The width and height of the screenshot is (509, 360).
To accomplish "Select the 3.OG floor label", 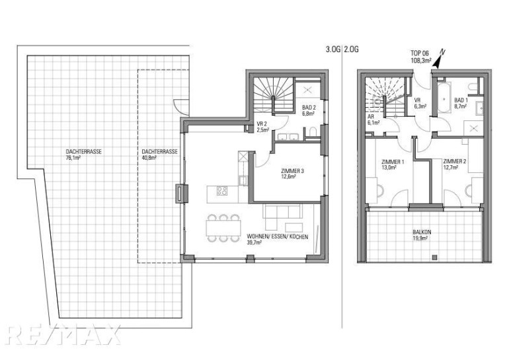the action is (333, 50).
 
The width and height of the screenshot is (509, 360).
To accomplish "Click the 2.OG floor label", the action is (351, 50).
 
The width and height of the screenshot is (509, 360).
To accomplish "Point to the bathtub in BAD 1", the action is (444, 97).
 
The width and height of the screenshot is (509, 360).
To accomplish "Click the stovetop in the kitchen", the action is (222, 190).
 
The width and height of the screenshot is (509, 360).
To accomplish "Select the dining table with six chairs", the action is (223, 228).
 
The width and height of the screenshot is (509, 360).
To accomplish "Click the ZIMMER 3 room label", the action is (292, 174).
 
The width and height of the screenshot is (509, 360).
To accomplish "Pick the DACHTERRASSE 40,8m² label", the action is (159, 155).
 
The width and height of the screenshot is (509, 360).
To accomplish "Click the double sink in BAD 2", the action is (288, 137).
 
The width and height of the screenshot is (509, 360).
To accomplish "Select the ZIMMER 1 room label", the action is (393, 164).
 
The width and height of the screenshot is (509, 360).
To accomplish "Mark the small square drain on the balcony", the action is (435, 258).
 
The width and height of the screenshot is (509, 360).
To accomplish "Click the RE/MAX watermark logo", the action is (63, 334).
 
